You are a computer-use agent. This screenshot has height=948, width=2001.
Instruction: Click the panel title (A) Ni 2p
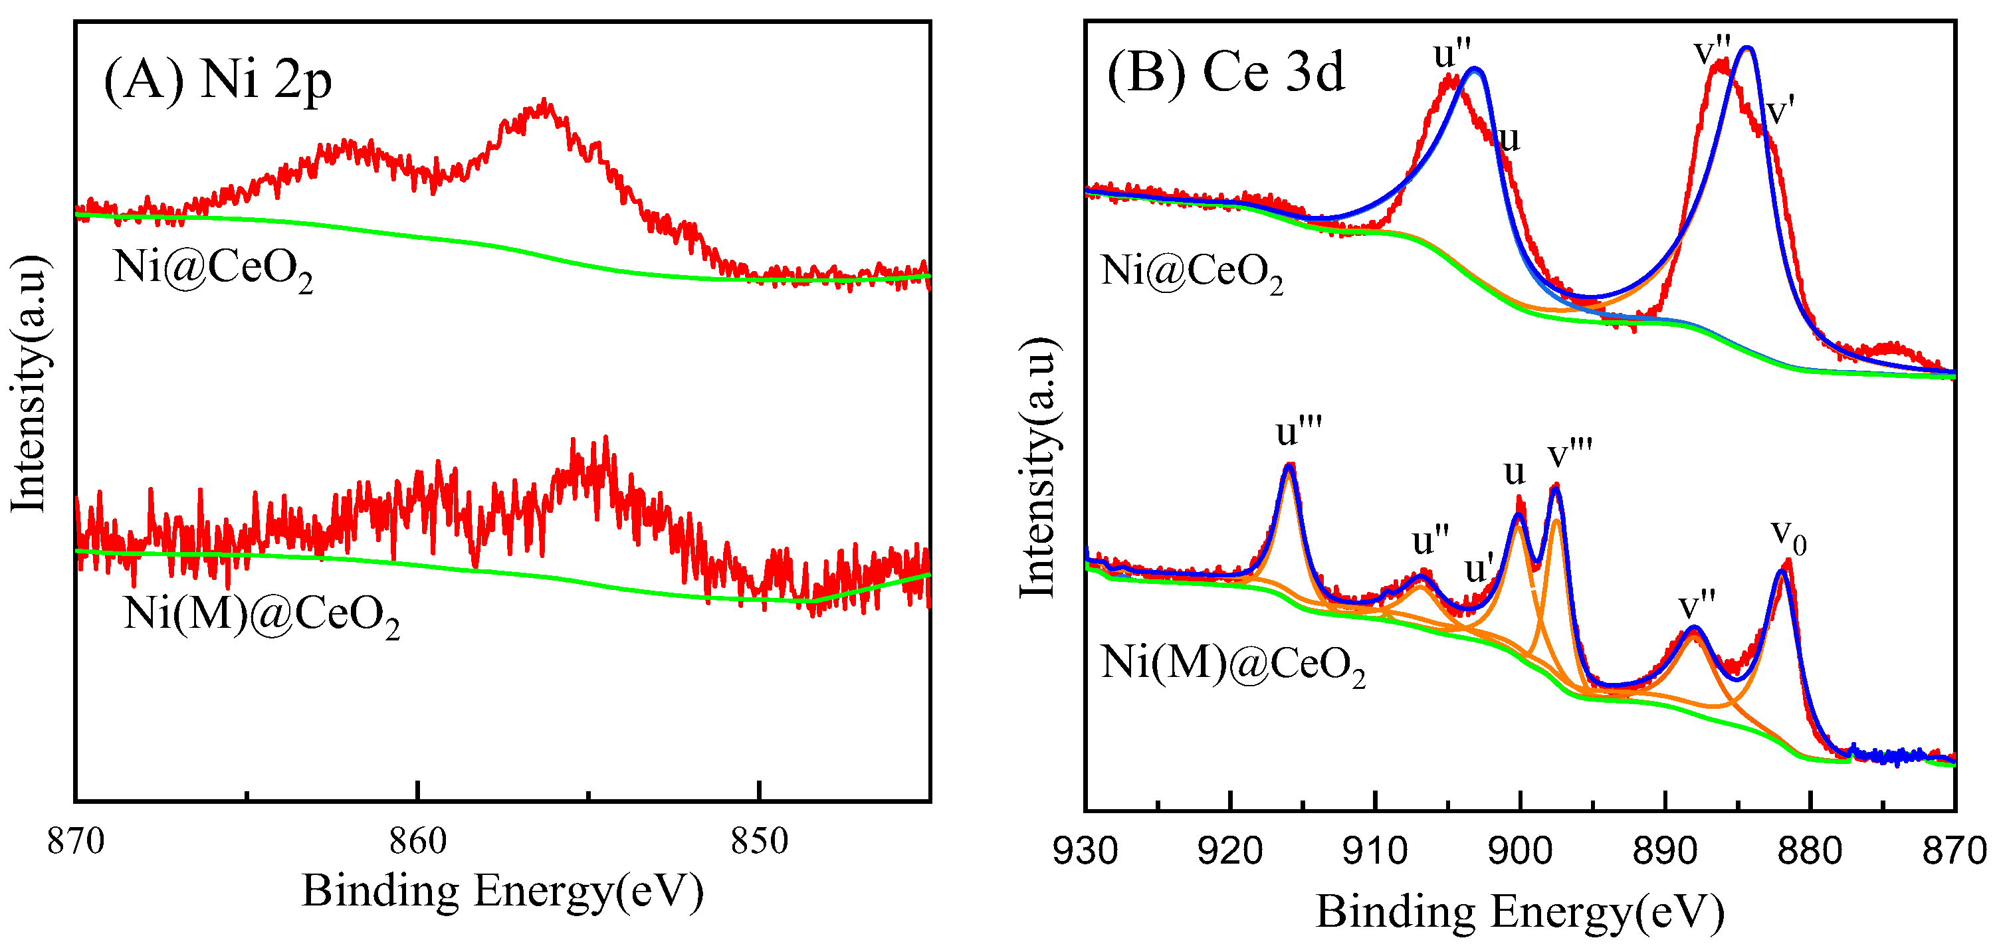pyautogui.click(x=218, y=80)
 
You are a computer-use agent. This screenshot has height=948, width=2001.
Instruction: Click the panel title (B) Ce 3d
pyautogui.click(x=1225, y=72)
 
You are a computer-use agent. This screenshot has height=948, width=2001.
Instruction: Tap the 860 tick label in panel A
pyautogui.click(x=418, y=841)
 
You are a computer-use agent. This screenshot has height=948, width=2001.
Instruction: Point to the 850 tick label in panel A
pyautogui.click(x=760, y=841)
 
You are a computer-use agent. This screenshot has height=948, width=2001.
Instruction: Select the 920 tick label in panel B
pyautogui.click(x=1230, y=851)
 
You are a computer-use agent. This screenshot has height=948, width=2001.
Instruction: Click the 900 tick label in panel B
pyautogui.click(x=1520, y=851)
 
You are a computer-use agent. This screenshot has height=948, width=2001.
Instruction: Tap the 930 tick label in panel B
pyautogui.click(x=1085, y=851)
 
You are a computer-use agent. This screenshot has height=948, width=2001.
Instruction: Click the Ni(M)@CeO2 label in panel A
pyautogui.click(x=262, y=616)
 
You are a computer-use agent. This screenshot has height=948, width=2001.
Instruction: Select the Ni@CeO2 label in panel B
pyautogui.click(x=1192, y=273)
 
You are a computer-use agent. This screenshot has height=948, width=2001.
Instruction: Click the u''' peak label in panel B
pyautogui.click(x=1299, y=431)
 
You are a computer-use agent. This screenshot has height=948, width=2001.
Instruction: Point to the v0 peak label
pyautogui.click(x=1789, y=535)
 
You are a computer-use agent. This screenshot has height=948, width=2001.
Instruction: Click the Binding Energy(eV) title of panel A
pyautogui.click(x=502, y=891)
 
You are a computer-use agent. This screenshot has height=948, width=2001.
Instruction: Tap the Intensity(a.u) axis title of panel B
pyautogui.click(x=1038, y=468)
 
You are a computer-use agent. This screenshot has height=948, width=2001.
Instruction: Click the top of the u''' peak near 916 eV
pyautogui.click(x=1289, y=465)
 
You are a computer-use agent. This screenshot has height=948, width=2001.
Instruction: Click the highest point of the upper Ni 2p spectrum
pyautogui.click(x=546, y=101)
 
